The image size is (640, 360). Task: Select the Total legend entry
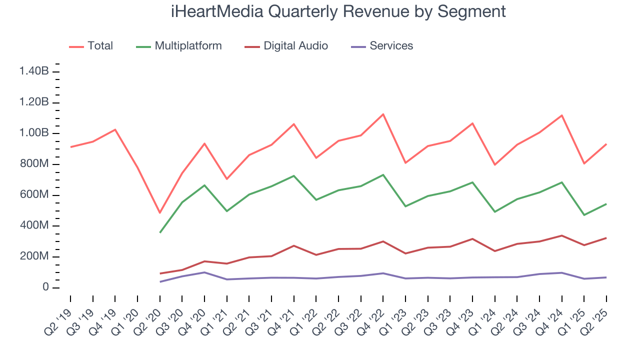pos(100,46)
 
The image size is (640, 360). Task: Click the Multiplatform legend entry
pos(188,46)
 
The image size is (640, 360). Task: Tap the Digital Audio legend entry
pos(295,46)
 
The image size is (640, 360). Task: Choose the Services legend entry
pos(391,46)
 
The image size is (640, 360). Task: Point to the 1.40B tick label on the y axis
pos(34,71)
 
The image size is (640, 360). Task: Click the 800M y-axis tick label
pos(34,164)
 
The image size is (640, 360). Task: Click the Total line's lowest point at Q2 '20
pos(160,213)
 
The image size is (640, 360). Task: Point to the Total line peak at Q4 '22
pos(383,114)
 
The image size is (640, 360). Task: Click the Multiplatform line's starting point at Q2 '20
pos(160,232)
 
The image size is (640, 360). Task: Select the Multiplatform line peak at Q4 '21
pos(293,175)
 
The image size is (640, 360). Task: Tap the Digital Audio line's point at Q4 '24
pos(561,235)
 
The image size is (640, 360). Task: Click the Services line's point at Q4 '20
pos(204,272)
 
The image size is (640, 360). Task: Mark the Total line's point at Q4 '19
pos(115,129)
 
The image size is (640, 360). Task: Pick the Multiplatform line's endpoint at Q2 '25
pos(606,203)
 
